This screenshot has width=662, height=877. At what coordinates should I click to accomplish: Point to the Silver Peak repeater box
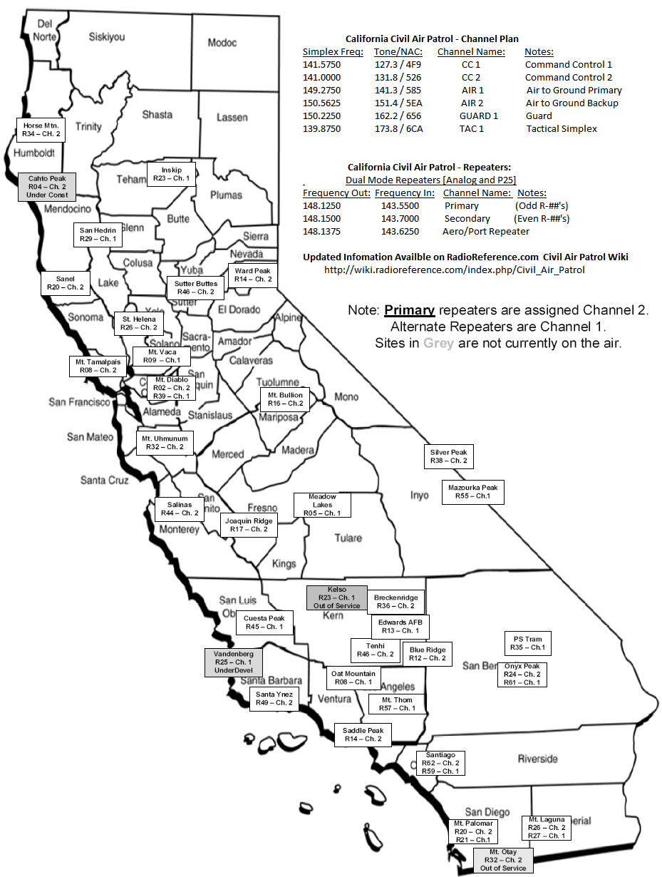click(448, 457)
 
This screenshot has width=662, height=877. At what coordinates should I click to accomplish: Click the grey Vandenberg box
click(233, 662)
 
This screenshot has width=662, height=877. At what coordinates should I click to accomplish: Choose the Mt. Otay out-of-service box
click(503, 860)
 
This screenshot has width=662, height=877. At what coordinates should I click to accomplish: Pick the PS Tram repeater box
click(527, 643)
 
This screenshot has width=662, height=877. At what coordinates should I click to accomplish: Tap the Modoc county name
click(222, 43)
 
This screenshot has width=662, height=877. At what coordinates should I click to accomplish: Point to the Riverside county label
click(537, 759)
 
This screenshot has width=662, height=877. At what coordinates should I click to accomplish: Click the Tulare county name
click(348, 538)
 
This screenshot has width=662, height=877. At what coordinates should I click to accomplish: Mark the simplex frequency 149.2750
click(321, 91)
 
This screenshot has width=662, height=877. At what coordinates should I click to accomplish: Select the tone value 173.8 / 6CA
click(398, 129)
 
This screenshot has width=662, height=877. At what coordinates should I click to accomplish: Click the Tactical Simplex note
click(562, 129)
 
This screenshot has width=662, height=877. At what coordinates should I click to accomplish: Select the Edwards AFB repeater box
click(401, 627)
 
